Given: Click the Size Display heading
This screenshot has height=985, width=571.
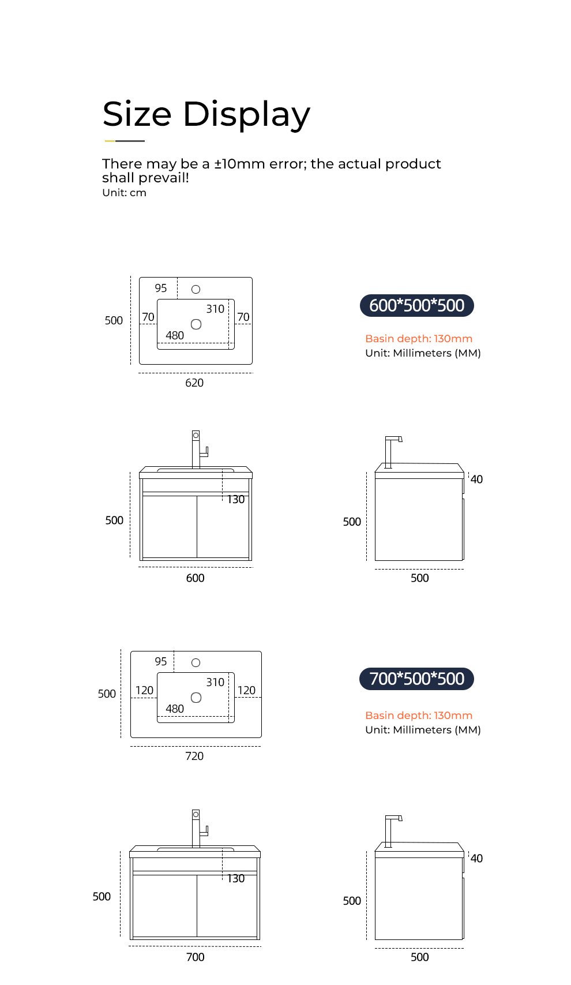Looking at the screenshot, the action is [x=206, y=114].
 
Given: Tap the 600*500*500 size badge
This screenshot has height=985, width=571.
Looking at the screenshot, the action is [x=416, y=305].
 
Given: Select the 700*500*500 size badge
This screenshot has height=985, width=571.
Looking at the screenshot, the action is [x=416, y=679].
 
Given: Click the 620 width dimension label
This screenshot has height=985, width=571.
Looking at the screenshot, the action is [x=194, y=383].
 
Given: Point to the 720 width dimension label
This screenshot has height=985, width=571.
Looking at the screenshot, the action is [x=194, y=756].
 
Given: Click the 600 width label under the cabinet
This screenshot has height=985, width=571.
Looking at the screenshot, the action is [x=195, y=578].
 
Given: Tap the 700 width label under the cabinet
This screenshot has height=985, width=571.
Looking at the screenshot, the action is [x=195, y=957].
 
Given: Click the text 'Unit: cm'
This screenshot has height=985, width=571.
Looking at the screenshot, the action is [x=124, y=193].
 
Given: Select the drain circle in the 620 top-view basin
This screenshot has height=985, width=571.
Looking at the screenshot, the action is [x=196, y=324].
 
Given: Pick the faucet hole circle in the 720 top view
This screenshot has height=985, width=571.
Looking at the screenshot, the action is [x=196, y=662].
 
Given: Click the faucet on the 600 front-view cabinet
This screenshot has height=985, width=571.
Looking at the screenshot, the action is [x=198, y=449].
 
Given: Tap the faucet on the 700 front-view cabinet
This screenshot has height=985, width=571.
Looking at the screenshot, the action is [x=198, y=828].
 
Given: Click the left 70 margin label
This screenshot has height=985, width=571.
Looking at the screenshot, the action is [x=148, y=317].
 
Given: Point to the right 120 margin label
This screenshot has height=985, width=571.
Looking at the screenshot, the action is [x=247, y=690].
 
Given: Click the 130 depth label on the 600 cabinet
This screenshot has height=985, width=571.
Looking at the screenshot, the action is [x=236, y=499].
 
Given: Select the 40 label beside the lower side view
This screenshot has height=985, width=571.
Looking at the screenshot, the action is [x=476, y=858].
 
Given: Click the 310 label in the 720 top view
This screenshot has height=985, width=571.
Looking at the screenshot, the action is [x=215, y=682].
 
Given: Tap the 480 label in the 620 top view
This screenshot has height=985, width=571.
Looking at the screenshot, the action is [x=175, y=335].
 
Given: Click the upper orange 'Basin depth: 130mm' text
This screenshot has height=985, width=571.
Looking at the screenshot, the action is [x=419, y=339].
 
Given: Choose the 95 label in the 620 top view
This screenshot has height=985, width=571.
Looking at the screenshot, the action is [x=161, y=288].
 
